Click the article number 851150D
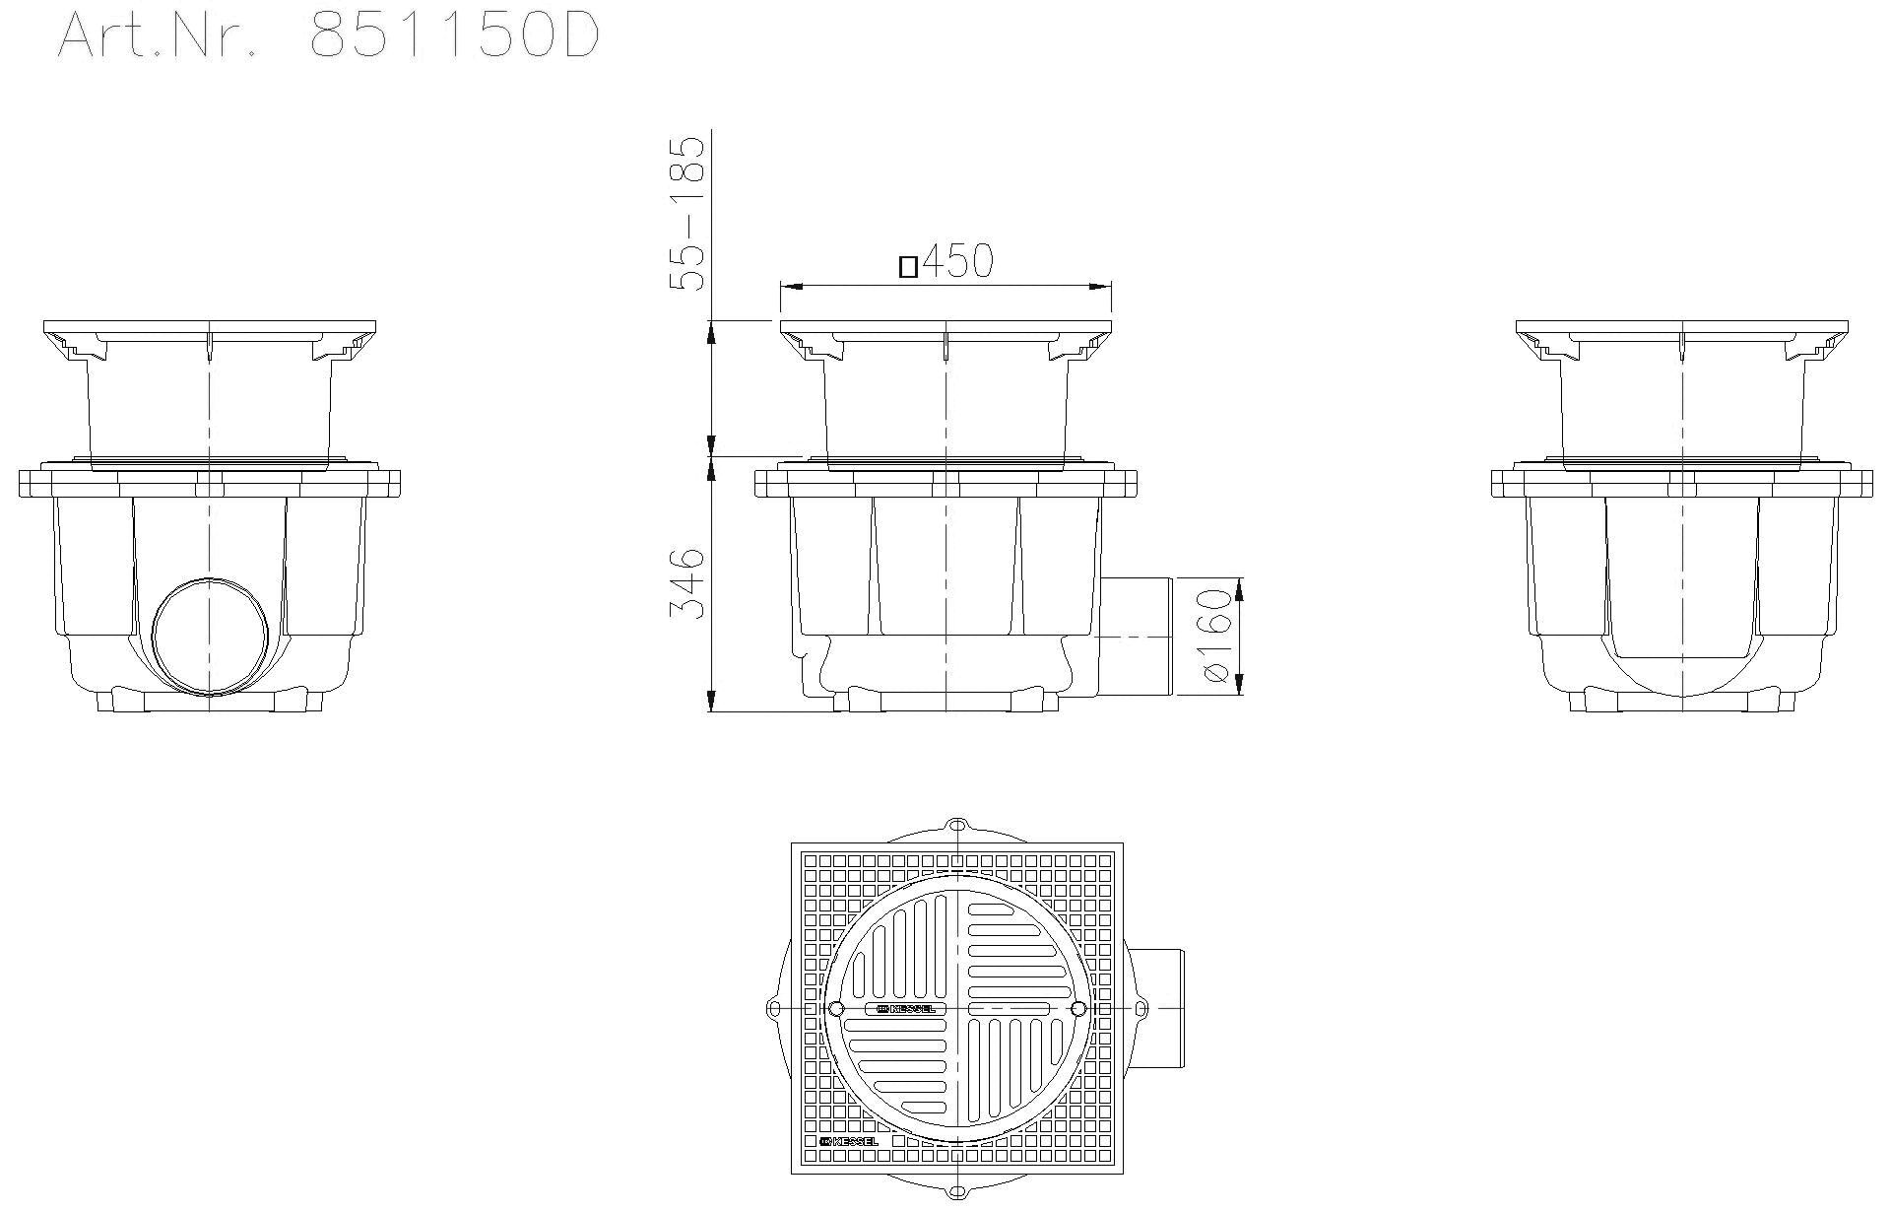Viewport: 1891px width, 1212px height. coord(454,37)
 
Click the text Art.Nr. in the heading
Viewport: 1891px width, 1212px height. coord(158,37)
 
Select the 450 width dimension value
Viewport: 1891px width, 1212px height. coord(957,262)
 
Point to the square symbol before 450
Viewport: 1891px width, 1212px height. coord(909,266)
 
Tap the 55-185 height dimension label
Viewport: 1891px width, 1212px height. coord(687,213)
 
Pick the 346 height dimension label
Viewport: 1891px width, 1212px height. coord(687,583)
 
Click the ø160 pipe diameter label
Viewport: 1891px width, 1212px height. coord(1217,636)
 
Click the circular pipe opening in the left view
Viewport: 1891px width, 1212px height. coord(210,635)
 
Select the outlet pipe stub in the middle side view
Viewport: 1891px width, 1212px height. coord(1136,637)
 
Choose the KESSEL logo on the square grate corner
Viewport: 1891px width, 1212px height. coord(848,1141)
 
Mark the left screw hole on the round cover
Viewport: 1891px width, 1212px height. coord(836,1009)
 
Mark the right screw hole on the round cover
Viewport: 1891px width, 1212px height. coord(1077,1009)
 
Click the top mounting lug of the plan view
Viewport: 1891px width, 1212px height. coord(956,826)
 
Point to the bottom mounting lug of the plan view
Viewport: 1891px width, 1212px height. coord(956,1193)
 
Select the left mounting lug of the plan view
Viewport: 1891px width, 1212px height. coord(774,1009)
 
